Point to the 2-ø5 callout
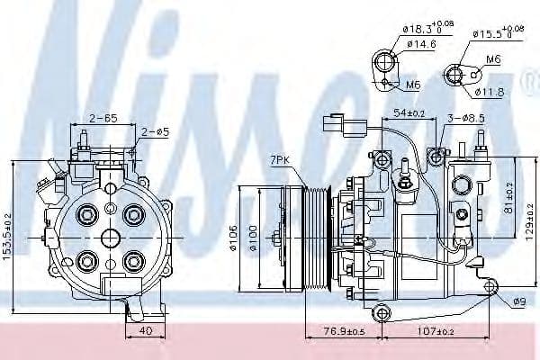pos(153,132)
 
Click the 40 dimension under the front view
pos(145,330)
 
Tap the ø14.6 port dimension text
pos(421,42)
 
